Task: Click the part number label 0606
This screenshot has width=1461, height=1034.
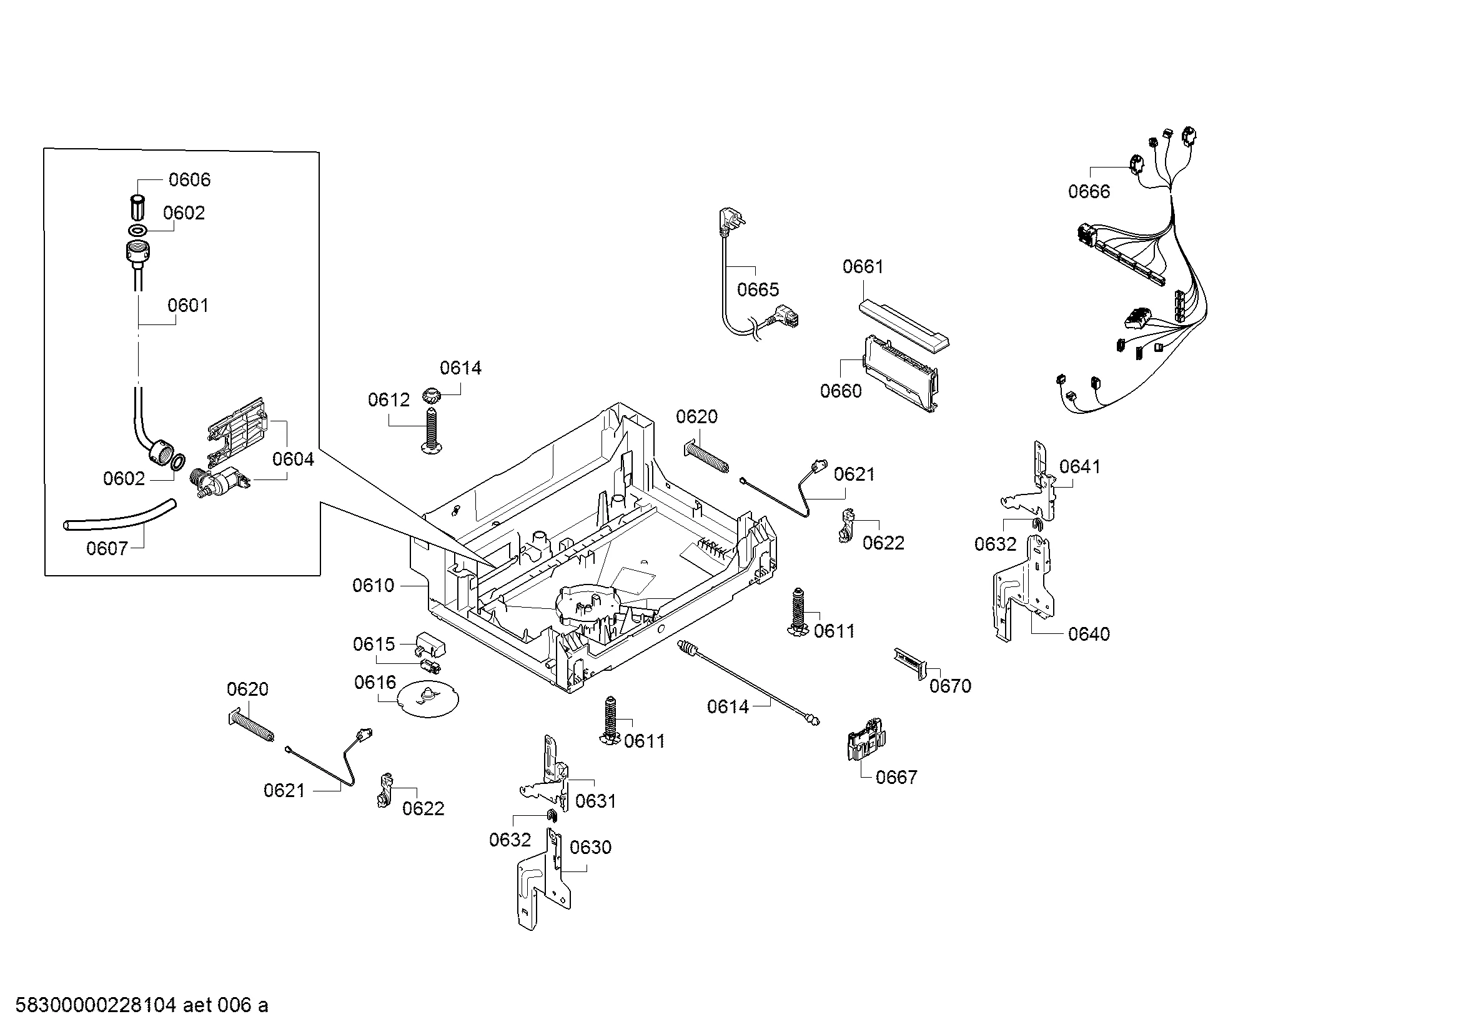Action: tap(189, 180)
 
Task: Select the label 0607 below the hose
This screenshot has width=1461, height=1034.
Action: tap(107, 548)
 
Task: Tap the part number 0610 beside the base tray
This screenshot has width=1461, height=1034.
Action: tap(374, 586)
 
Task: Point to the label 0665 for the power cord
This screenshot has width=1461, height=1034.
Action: tap(758, 290)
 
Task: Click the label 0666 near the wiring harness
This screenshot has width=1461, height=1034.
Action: tap(1089, 192)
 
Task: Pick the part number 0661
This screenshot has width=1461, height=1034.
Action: tap(863, 267)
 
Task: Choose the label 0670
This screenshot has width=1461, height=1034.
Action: tap(950, 686)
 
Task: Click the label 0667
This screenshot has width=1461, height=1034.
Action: tap(896, 778)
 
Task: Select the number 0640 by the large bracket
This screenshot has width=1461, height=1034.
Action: tap(1089, 634)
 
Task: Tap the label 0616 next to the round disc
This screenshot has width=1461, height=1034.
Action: tap(375, 683)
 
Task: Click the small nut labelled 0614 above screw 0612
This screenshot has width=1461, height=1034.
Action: tap(432, 396)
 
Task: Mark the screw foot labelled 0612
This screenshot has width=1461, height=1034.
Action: tap(431, 431)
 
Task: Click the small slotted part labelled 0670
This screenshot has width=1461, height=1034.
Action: tap(911, 663)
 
